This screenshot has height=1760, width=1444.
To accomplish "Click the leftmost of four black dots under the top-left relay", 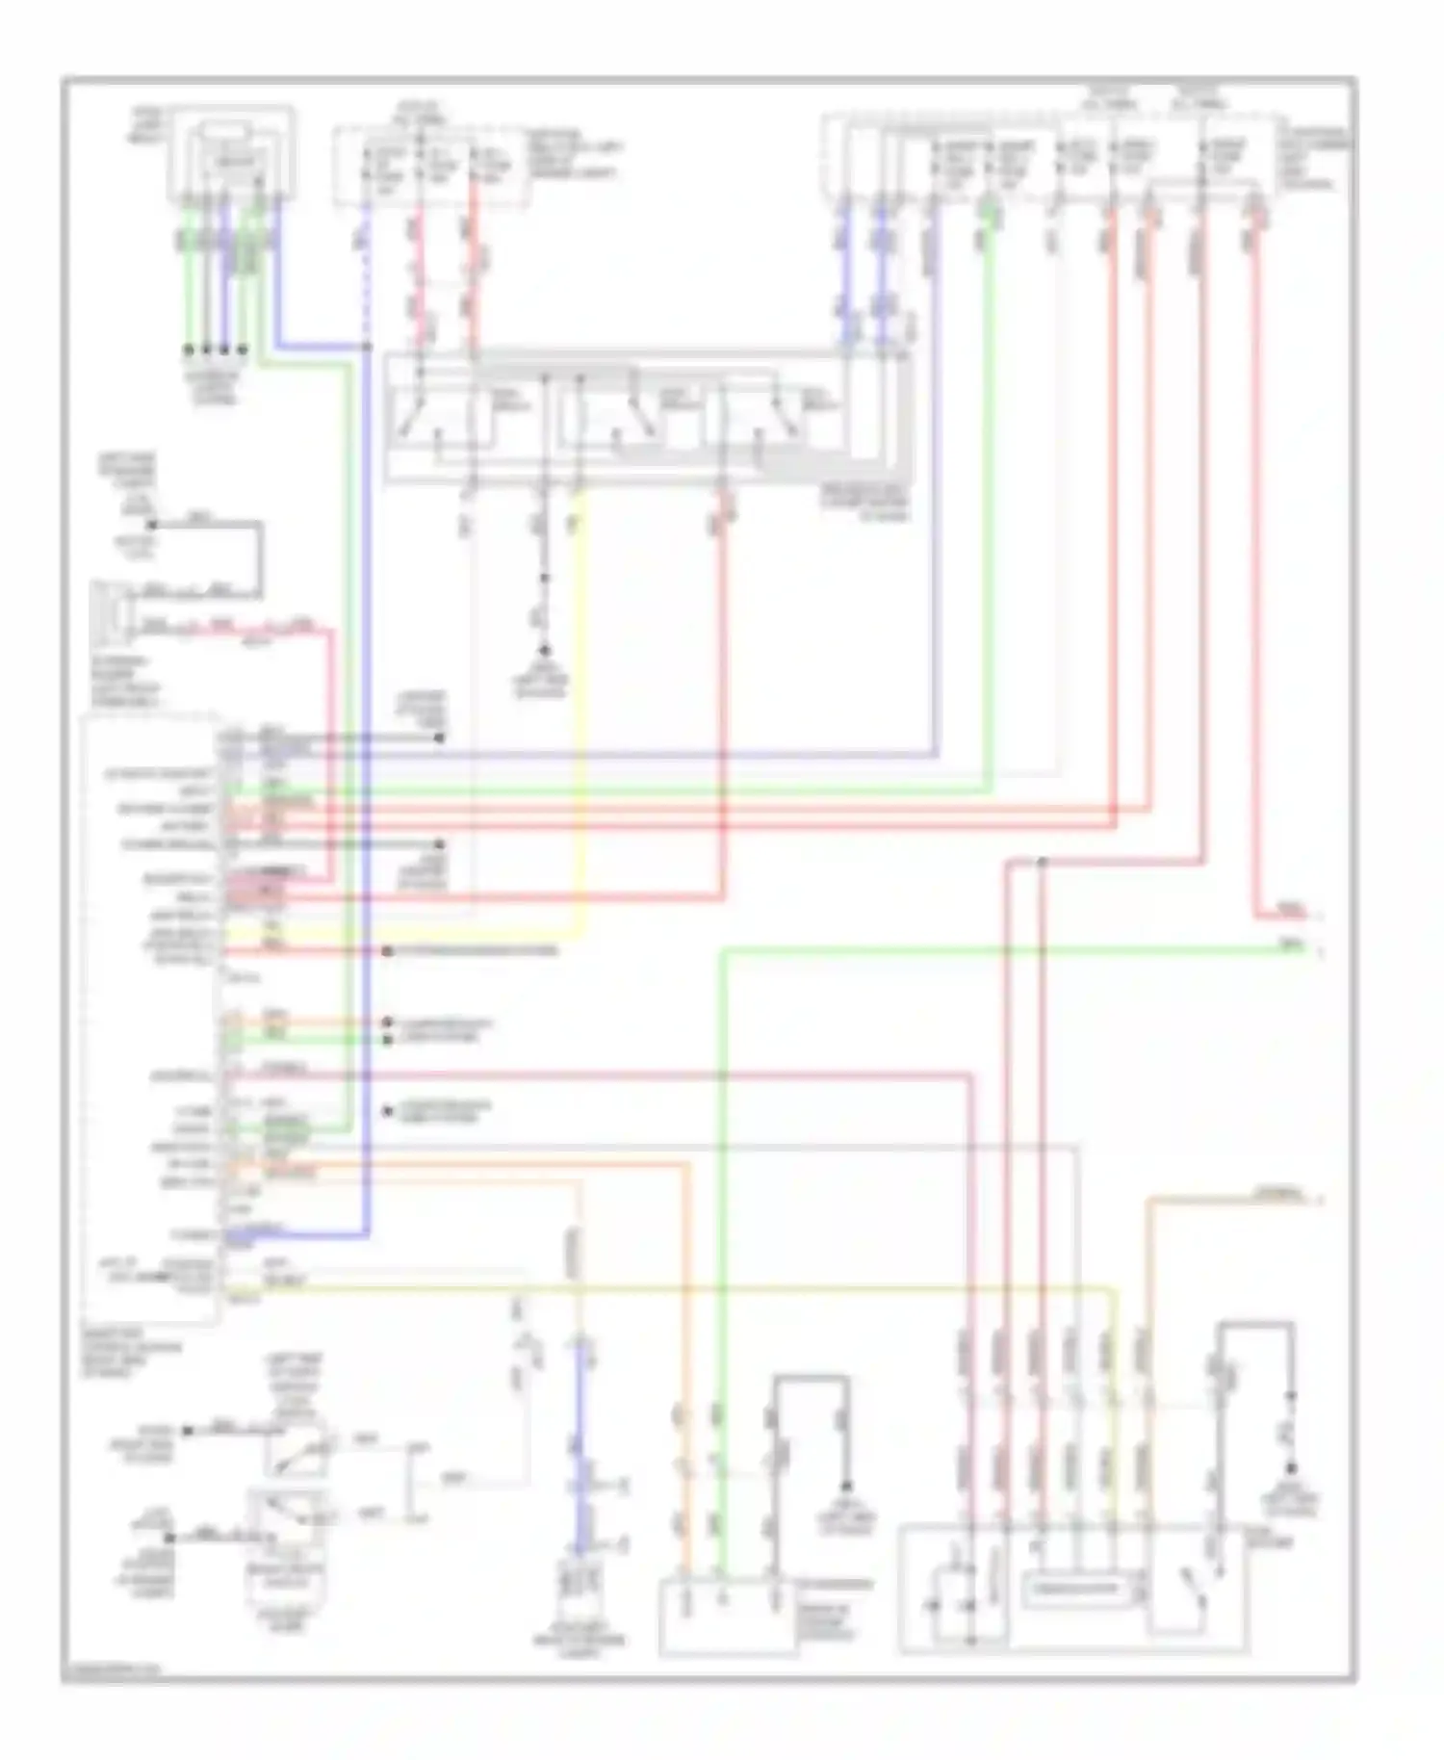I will [190, 349].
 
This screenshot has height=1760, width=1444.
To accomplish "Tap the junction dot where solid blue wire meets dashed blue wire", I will [367, 347].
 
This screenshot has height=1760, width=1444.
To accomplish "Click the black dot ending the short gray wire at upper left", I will [151, 525].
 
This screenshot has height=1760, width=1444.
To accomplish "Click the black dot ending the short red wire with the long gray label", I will [386, 951].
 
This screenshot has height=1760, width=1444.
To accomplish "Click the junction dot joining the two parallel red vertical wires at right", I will [1042, 863].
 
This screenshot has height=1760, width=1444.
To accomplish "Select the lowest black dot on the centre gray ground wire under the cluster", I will [544, 650].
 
